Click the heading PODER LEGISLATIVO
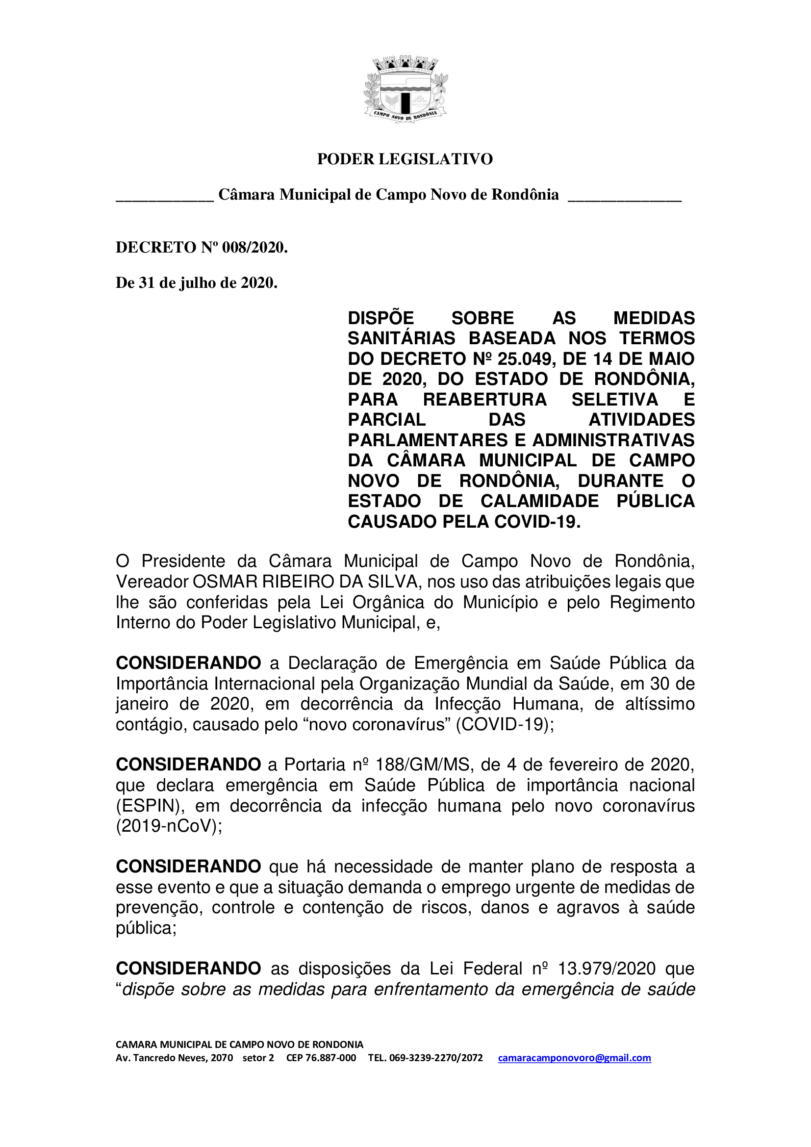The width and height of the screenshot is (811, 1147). tap(405, 159)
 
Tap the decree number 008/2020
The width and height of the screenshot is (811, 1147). tap(254, 247)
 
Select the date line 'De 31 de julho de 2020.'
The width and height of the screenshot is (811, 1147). tap(196, 283)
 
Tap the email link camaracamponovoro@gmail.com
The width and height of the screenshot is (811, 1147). tap(574, 1058)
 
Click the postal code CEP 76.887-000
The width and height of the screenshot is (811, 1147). tap(321, 1058)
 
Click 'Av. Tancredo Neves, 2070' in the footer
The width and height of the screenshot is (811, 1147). tap(174, 1058)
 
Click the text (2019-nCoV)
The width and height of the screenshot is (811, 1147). tap(169, 826)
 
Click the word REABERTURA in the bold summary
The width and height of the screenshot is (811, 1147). tap(485, 400)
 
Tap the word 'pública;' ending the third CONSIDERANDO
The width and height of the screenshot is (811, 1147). tap(146, 928)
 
